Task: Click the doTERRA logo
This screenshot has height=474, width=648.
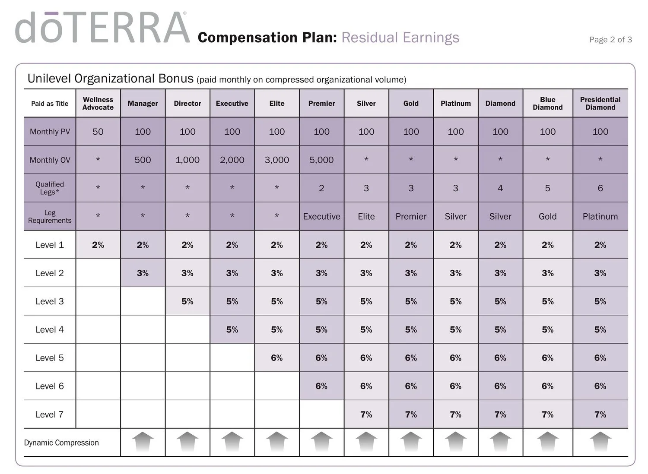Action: pos(102,27)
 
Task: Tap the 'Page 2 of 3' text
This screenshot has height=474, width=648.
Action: pos(610,40)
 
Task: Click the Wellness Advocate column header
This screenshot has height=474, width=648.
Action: pos(98,103)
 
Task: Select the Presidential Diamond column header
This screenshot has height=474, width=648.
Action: pos(600,103)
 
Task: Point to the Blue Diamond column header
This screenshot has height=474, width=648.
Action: pos(548,103)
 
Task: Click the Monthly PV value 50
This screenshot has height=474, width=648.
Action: pos(98,132)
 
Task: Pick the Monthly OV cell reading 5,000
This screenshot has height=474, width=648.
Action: pos(321,160)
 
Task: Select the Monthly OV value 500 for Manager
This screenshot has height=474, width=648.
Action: pos(143,160)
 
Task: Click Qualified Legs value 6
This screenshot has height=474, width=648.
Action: pos(600,188)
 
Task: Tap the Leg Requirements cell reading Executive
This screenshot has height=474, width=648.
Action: pos(321,216)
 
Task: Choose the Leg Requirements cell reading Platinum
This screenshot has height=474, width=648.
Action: pos(600,216)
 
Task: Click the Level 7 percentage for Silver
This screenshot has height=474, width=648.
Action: pos(366,414)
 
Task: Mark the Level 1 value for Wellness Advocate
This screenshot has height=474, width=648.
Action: pos(98,245)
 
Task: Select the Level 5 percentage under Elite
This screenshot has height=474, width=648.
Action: pos(276,358)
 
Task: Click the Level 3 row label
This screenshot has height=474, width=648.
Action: pos(50,301)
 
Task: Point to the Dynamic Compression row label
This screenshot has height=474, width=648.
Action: pos(61,442)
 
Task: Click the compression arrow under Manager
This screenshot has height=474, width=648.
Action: pos(143,442)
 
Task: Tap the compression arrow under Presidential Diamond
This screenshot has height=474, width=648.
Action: pos(600,442)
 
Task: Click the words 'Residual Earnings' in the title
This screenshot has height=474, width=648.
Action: pos(400,38)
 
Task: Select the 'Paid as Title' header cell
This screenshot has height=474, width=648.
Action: pos(50,104)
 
